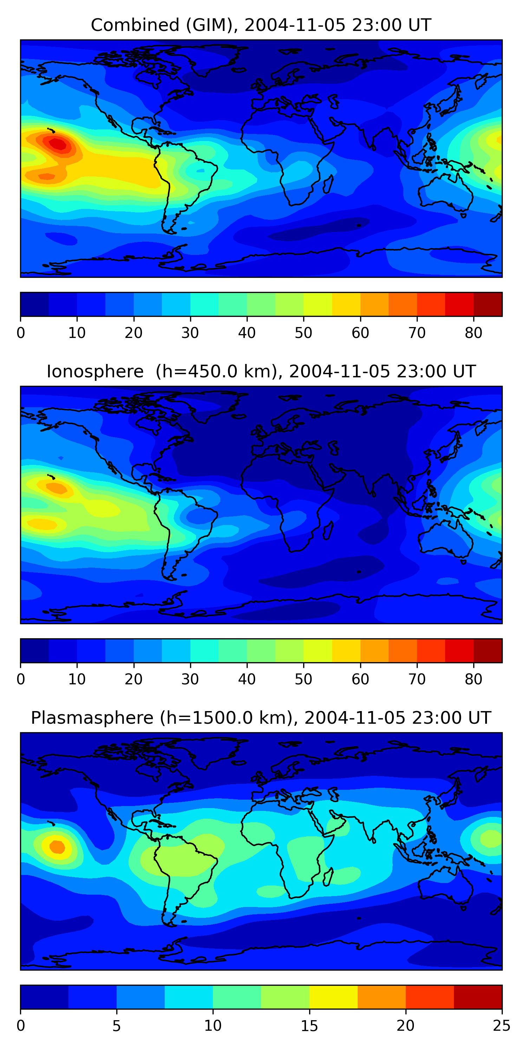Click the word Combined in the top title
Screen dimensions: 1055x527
coord(135,25)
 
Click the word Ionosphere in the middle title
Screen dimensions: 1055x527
coord(95,372)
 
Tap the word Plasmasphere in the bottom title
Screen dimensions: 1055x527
coord(92,718)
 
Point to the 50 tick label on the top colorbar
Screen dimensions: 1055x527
coord(303,333)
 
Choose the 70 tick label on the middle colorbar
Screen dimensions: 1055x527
coord(417,679)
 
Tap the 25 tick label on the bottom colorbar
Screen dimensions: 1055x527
coord(501,1025)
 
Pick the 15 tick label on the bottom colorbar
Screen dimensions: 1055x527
coord(309,1025)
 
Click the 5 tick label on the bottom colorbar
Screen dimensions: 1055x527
coord(117,1025)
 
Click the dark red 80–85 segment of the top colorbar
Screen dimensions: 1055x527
coord(488,304)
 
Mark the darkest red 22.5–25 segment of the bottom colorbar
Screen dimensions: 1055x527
coord(478,997)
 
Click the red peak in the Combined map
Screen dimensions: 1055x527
coord(58,144)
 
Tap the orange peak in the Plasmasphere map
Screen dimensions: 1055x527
coord(57,846)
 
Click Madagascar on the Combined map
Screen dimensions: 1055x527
coord(328,184)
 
